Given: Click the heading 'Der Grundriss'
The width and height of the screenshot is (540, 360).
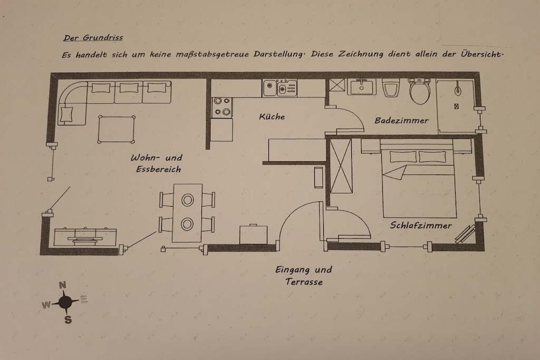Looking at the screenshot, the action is coord(93,37).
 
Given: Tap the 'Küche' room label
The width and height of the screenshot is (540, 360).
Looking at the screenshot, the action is coord(272,116).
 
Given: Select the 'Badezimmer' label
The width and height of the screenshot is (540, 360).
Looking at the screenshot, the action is coord(401,121).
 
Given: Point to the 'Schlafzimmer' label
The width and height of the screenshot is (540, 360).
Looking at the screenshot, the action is coord(421,226).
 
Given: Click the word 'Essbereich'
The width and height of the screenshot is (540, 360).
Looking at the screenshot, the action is coord(158,169).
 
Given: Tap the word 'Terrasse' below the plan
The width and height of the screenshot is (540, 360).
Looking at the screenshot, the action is coord(304,282).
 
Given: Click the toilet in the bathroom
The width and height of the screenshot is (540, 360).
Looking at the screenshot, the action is coord(419,91).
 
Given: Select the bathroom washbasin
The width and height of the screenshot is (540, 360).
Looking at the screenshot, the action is coord(361,86).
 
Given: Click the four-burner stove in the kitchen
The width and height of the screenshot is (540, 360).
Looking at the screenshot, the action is coord(222,107).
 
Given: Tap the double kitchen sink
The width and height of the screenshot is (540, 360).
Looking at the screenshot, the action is coord(279,88).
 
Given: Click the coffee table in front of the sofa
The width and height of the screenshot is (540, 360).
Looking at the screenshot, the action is coord(117,129).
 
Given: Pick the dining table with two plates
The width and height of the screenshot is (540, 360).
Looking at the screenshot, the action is coord(187,213).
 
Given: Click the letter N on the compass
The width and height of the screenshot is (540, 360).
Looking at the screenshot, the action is coord(63,285).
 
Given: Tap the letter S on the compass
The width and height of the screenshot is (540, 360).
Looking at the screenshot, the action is coord(68,320).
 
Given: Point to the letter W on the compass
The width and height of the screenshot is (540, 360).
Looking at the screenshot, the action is coord(46,305).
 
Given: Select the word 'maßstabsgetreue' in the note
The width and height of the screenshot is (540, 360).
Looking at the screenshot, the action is coord(212,54).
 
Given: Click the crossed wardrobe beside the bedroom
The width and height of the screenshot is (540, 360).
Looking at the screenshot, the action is coord(341,166).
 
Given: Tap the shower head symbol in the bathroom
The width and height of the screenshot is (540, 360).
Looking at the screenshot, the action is coord(457,89).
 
